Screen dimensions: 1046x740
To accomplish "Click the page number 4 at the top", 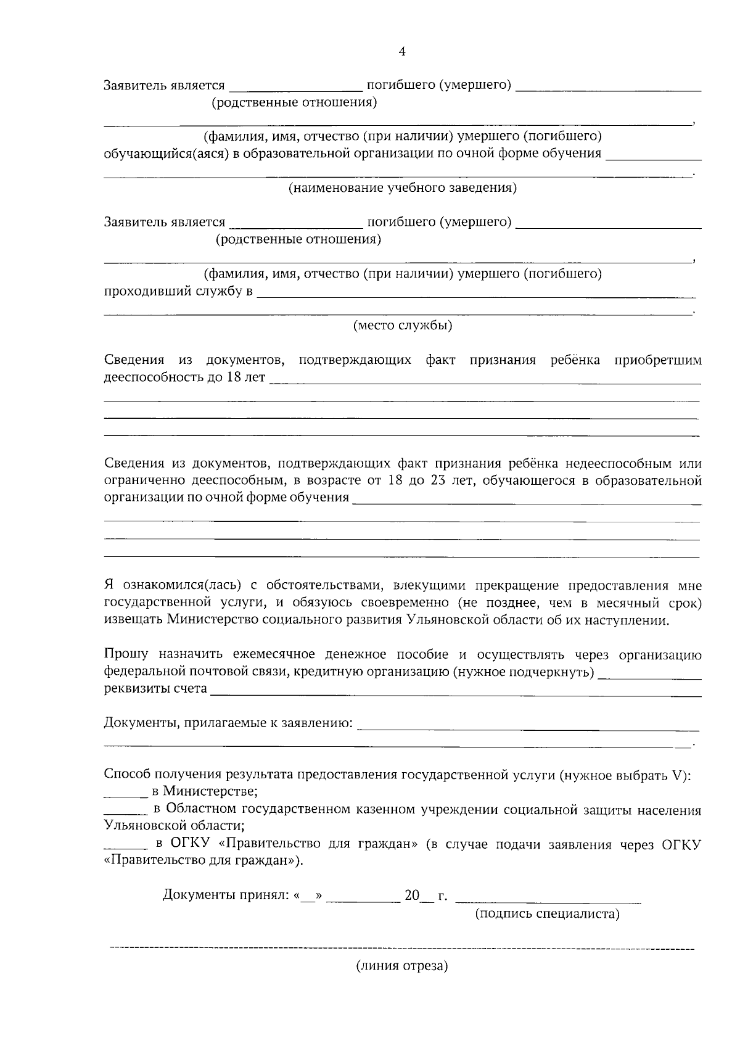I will pyautogui.click(x=402, y=52).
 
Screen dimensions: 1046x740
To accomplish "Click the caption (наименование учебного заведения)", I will pyautogui.click(x=402, y=188).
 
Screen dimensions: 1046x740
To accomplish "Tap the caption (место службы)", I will pyautogui.click(x=402, y=326).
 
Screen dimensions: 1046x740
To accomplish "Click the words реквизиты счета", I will pyautogui.click(x=155, y=688).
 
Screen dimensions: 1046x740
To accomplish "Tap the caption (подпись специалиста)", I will pyautogui.click(x=546, y=914).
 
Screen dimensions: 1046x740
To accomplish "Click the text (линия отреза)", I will pyautogui.click(x=402, y=966).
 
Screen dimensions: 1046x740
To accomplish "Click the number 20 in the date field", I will pyautogui.click(x=412, y=895).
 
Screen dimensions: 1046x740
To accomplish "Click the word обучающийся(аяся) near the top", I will pyautogui.click(x=165, y=154).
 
